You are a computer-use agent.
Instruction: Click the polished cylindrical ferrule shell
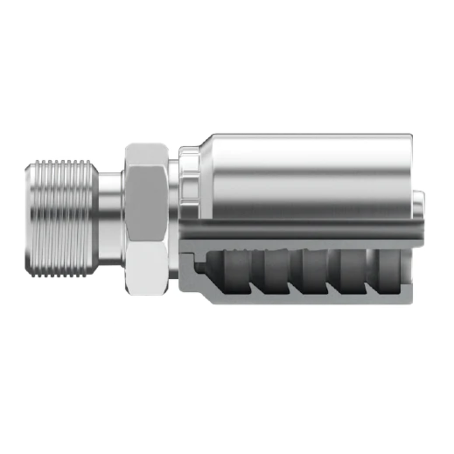[305, 172]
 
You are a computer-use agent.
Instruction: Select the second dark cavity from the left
[272, 266]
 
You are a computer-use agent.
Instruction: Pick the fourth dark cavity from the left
[350, 266]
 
